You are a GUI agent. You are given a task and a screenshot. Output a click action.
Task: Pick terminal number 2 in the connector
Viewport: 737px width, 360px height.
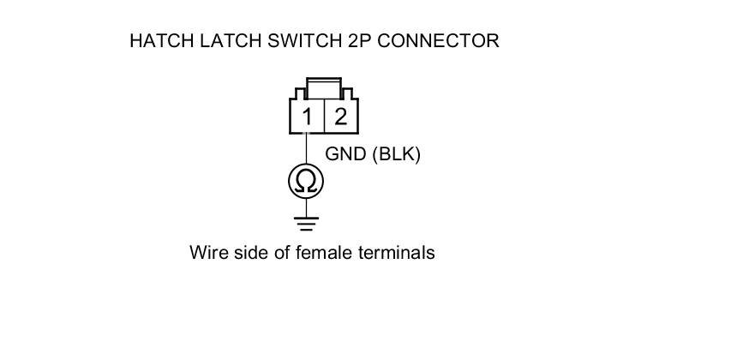point(340,117)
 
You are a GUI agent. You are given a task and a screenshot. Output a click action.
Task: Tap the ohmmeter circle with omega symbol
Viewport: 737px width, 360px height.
point(307,181)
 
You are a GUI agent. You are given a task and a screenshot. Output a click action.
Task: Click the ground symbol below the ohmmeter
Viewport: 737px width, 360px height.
point(307,224)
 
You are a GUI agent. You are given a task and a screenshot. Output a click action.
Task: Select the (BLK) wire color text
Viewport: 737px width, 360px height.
point(397,155)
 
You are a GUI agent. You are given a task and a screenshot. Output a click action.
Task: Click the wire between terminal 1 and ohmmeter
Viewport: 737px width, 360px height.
point(307,148)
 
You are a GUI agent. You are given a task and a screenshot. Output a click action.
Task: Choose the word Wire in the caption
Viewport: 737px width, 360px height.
point(208,253)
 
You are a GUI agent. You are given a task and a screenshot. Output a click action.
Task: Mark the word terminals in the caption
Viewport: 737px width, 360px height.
point(398,253)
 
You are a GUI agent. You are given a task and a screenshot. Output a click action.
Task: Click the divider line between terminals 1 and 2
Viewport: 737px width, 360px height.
point(324,117)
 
